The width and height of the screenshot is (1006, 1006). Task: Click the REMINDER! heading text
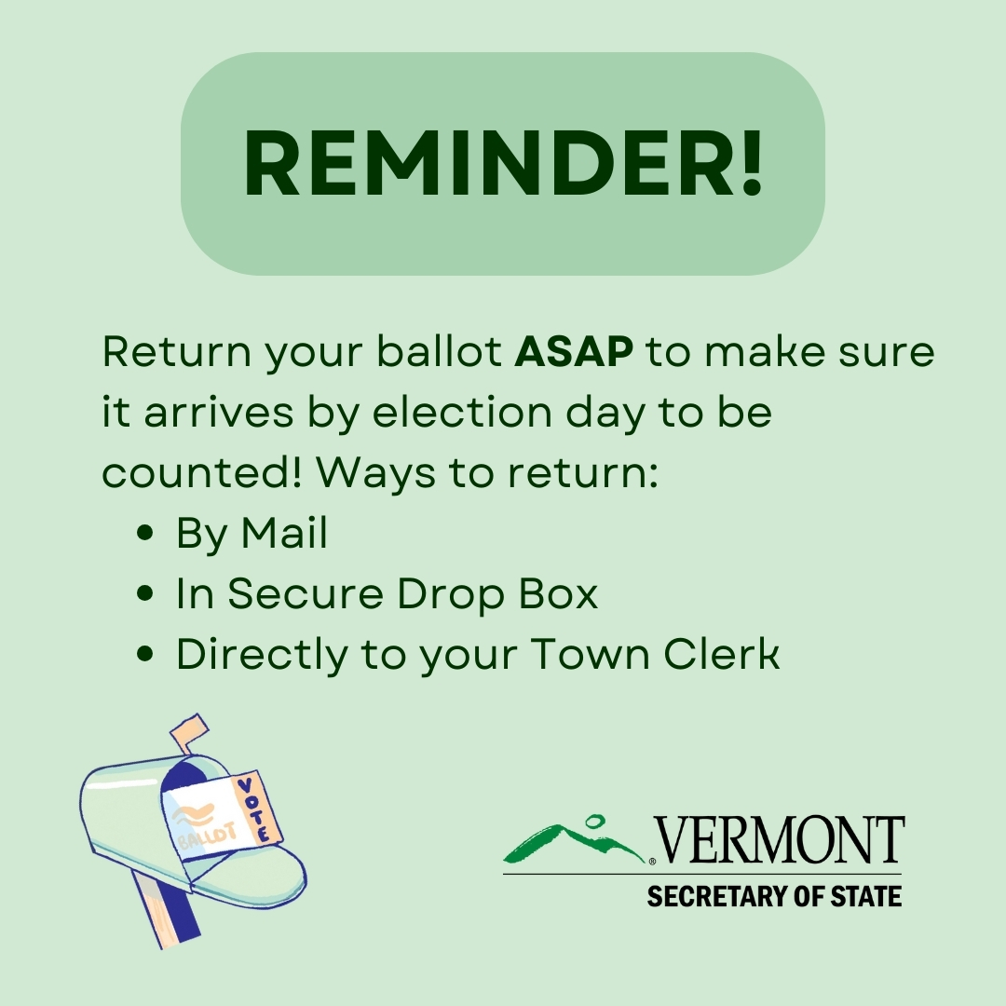(x=504, y=163)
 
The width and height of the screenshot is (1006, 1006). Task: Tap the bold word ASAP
(x=574, y=351)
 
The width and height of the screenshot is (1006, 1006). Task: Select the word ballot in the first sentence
(x=439, y=351)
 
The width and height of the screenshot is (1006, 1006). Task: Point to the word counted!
(x=201, y=472)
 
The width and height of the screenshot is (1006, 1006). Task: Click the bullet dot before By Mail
(x=145, y=533)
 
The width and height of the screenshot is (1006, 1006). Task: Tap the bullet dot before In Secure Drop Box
(x=145, y=592)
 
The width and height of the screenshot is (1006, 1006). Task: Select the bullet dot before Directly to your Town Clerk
(x=145, y=654)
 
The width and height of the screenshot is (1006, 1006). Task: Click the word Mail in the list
(x=284, y=533)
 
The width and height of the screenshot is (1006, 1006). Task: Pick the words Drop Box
(x=497, y=592)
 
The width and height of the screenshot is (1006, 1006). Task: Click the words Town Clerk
(x=655, y=654)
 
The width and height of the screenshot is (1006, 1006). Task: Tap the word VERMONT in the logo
(x=780, y=840)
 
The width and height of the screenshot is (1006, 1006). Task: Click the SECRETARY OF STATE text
(x=774, y=896)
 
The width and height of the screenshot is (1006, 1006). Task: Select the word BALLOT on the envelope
(x=207, y=836)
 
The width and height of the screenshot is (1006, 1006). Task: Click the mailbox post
(x=168, y=910)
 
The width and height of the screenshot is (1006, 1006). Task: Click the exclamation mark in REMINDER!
(x=752, y=163)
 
